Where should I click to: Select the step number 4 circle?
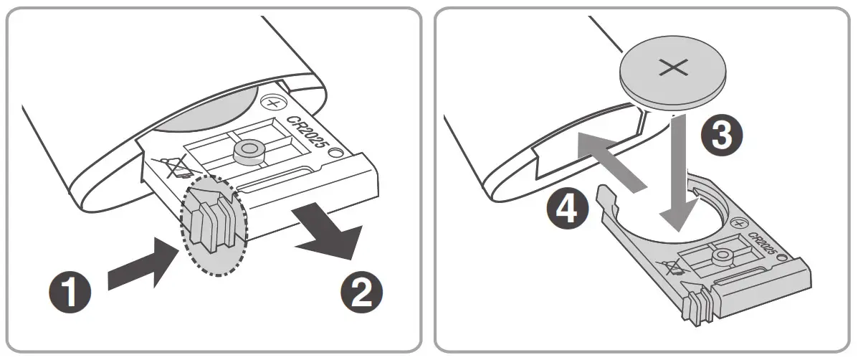566,209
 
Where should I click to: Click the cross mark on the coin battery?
673,69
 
